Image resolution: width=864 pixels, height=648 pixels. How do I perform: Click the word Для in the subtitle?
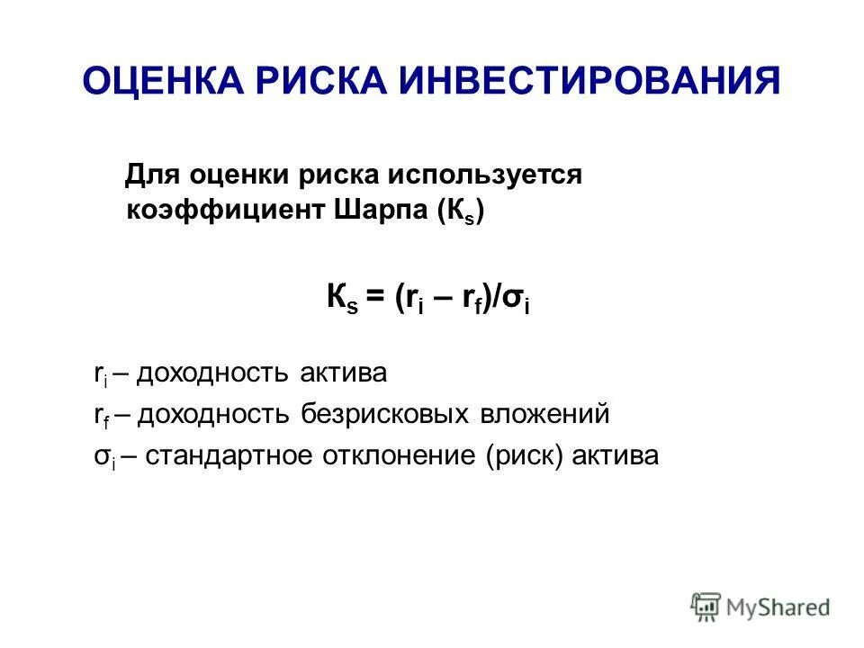pos(148,175)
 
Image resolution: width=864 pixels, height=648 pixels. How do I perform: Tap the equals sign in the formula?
pos(373,299)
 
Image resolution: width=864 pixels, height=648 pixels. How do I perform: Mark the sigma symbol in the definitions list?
pos(98,457)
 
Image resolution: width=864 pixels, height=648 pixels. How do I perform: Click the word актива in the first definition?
pos(347,373)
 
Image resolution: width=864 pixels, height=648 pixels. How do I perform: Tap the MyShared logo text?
pos(778,607)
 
